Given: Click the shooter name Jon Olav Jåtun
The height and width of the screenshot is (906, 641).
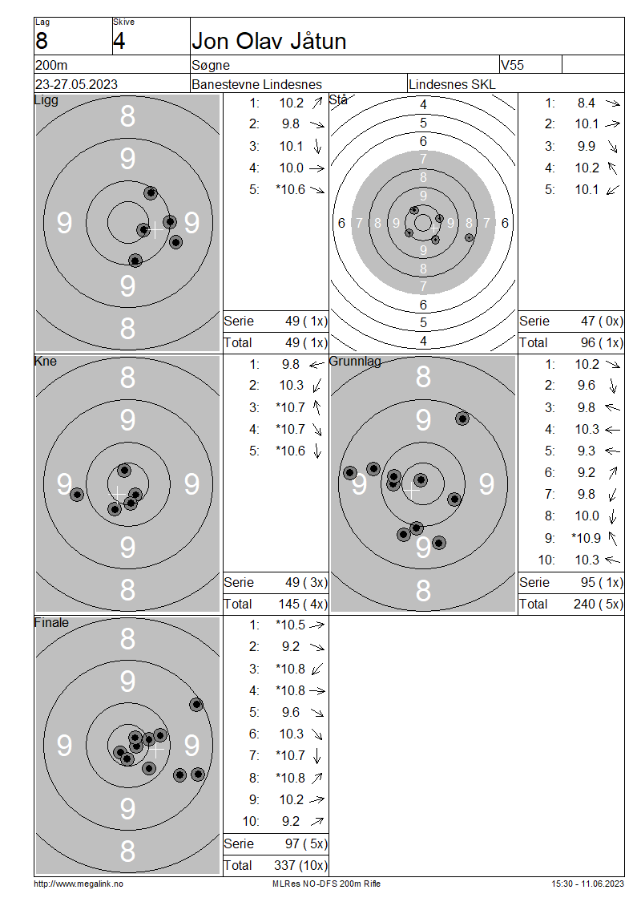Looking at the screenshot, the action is pyautogui.click(x=268, y=41).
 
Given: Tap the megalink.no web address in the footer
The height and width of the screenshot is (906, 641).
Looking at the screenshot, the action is pyautogui.click(x=79, y=884).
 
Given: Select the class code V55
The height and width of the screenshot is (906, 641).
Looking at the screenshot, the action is pyautogui.click(x=512, y=65).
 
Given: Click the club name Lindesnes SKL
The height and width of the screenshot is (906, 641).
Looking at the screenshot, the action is pyautogui.click(x=452, y=84).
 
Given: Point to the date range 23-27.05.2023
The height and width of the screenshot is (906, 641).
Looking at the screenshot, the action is pyautogui.click(x=76, y=84).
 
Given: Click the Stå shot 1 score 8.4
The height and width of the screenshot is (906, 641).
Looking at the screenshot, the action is pyautogui.click(x=587, y=103).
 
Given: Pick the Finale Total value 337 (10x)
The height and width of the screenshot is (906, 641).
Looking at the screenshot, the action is pyautogui.click(x=300, y=865).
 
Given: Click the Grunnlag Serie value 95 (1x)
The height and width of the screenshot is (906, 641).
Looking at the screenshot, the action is pyautogui.click(x=602, y=582).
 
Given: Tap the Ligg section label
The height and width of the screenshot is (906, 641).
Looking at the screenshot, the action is pyautogui.click(x=46, y=100).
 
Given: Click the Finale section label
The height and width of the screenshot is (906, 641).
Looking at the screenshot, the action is pyautogui.click(x=51, y=622).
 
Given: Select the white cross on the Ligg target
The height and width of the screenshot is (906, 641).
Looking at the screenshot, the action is pyautogui.click(x=155, y=230).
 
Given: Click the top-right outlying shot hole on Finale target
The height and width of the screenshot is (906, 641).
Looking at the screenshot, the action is pyautogui.click(x=196, y=704).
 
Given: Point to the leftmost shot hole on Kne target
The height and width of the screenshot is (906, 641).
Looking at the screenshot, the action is pyautogui.click(x=77, y=494).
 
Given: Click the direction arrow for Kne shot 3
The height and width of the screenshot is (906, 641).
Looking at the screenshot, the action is pyautogui.click(x=316, y=407).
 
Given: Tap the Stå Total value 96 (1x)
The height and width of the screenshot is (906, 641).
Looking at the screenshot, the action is pyautogui.click(x=602, y=342).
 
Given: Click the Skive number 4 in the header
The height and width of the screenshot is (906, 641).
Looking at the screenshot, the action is pyautogui.click(x=119, y=41).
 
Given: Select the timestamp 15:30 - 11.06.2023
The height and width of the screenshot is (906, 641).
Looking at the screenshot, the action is pyautogui.click(x=587, y=884).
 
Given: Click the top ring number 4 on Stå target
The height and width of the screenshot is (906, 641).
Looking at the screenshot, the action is pyautogui.click(x=423, y=104).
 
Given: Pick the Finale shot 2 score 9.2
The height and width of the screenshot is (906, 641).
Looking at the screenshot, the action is pyautogui.click(x=291, y=646).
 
